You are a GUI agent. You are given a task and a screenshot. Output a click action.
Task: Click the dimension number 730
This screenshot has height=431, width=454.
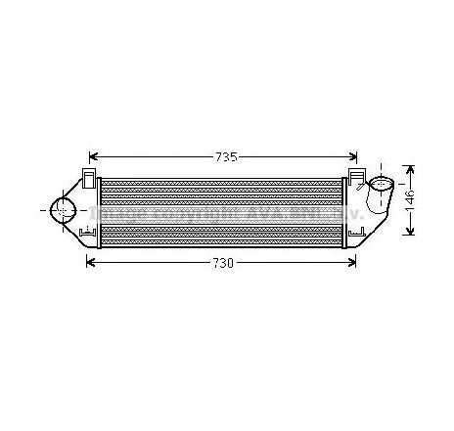tap(225, 262)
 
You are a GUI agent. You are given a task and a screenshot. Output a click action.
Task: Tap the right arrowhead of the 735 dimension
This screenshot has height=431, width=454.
tap(357, 154)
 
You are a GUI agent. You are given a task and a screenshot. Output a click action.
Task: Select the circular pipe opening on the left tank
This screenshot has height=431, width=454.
tap(63, 208)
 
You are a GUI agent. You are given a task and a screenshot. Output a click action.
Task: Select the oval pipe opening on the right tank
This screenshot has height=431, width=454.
tap(381, 183)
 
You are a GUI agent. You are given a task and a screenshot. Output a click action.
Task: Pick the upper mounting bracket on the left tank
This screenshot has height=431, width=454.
tap(89, 176)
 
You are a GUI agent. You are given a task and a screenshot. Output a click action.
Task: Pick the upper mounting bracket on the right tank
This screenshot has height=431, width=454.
tap(353, 176)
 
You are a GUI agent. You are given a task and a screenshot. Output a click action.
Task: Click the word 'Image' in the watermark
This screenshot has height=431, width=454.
tap(124, 212)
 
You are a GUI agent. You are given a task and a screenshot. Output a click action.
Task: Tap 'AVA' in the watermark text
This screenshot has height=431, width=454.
tap(263, 212)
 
